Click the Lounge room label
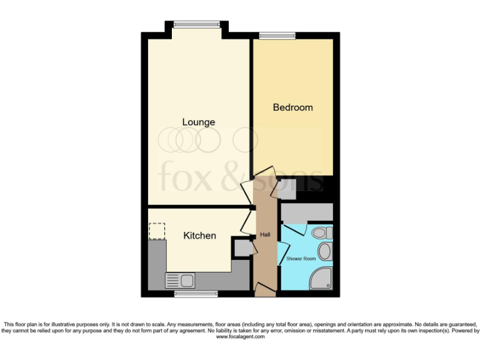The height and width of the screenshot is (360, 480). coord(198,122)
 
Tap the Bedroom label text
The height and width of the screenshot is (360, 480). coord(292,107)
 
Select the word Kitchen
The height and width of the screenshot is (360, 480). coord(199,236)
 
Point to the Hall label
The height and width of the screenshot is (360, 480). coord(264,235)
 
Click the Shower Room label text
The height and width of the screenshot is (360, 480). coord(301,258)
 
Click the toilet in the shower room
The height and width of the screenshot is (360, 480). coord(321,233)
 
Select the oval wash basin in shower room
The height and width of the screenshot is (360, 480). coord(325,252)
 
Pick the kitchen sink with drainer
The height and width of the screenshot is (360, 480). coord(180,281)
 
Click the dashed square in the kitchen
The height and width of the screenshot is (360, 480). coord(157,231)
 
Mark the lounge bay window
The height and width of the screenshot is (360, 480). coord(196,24)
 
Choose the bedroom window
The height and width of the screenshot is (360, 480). coord(277,36)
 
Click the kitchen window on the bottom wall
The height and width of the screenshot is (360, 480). coord(191,294)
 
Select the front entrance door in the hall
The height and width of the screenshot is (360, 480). coord(265,288)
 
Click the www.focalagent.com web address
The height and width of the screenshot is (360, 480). coord(240,337)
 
